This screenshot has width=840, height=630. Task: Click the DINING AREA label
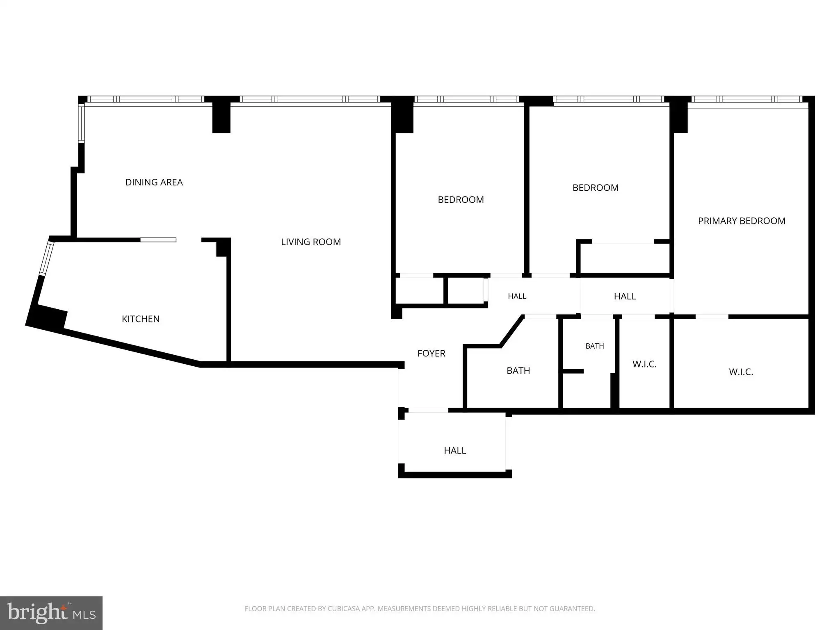[154, 182]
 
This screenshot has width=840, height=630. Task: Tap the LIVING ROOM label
[311, 242]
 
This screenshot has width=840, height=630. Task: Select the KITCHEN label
[141, 319]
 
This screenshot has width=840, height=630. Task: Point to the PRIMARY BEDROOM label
[742, 221]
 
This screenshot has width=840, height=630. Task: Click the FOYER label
[431, 354]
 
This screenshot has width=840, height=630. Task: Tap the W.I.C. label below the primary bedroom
[741, 372]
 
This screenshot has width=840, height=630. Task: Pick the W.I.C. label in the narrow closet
[645, 364]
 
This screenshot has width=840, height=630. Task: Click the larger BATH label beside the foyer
[518, 371]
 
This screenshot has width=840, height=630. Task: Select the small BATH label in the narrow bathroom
[595, 346]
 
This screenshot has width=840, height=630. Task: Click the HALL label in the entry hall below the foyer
[455, 450]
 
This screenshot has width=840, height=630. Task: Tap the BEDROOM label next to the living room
[461, 200]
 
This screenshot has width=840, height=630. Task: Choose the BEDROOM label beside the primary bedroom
[596, 188]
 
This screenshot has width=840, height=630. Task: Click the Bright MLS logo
[51, 613]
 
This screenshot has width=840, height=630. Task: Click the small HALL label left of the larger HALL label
[517, 296]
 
